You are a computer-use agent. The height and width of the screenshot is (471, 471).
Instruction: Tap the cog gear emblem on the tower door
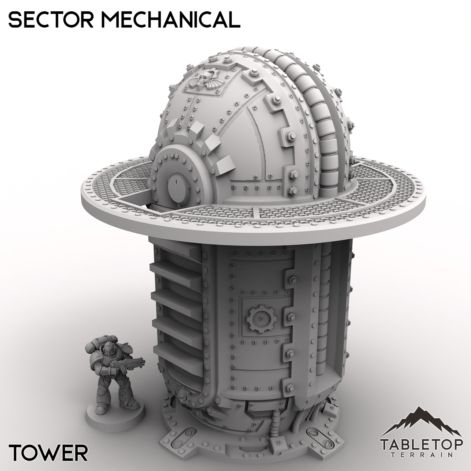[260, 319]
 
